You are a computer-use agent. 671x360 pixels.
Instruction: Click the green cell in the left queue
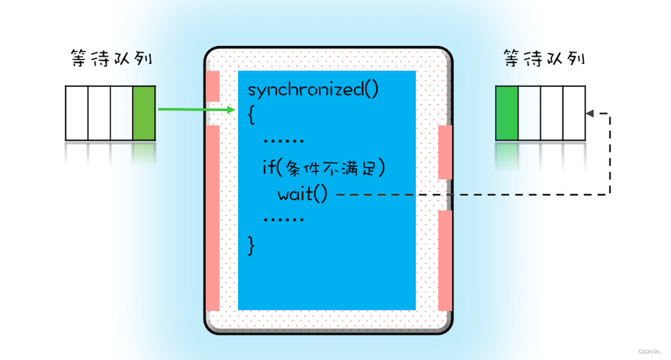coord(143,113)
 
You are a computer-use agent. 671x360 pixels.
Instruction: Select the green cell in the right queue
coord(507,113)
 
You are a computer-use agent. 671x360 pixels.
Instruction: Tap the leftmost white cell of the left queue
coord(76,113)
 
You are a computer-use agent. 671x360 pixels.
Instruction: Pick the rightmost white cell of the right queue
coord(574,113)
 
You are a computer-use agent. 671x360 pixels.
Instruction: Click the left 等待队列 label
coord(112,59)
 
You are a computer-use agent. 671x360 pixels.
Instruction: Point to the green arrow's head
coord(231,109)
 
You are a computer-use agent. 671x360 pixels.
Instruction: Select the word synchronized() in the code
coord(313,90)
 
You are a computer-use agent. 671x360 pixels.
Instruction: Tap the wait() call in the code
coord(301,194)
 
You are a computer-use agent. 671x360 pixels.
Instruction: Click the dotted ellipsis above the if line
coord(283,141)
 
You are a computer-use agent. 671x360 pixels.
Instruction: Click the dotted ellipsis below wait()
coord(283,219)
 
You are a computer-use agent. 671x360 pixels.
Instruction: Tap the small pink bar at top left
coord(212,86)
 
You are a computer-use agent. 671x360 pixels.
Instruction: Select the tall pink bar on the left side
coord(212,217)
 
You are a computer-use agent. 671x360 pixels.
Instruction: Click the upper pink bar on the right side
coord(445,152)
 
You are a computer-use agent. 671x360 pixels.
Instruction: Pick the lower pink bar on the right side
coord(445,260)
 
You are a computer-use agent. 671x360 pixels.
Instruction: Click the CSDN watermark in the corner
coord(651,351)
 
